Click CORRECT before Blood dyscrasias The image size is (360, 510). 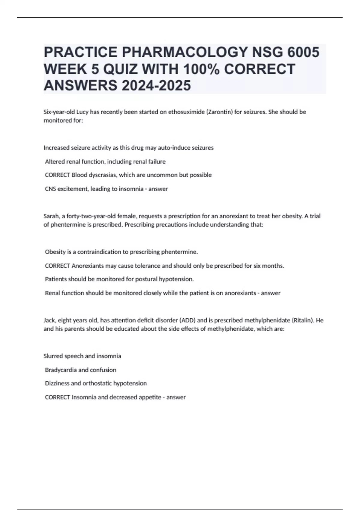[57, 175]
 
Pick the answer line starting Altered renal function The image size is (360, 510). [105, 161]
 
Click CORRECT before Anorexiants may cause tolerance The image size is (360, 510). [57, 266]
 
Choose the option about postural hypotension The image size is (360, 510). [119, 279]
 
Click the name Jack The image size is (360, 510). [49, 320]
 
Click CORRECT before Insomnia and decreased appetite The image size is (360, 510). [57, 397]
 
